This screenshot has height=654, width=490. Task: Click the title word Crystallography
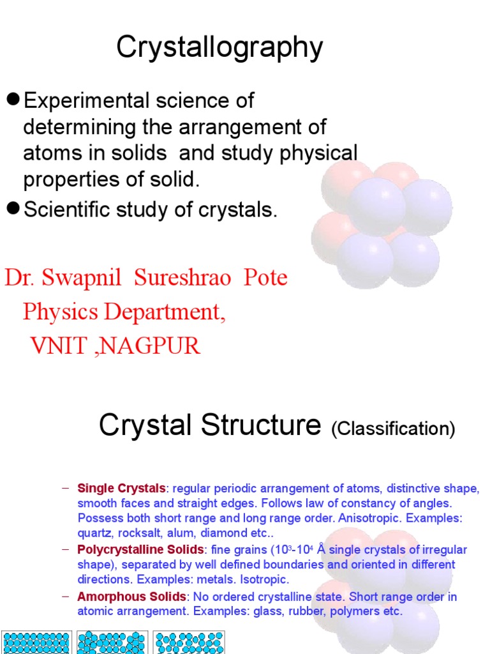(x=219, y=48)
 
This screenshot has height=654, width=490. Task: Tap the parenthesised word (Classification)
(x=393, y=429)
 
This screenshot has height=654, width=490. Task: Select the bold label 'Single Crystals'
(x=121, y=489)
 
